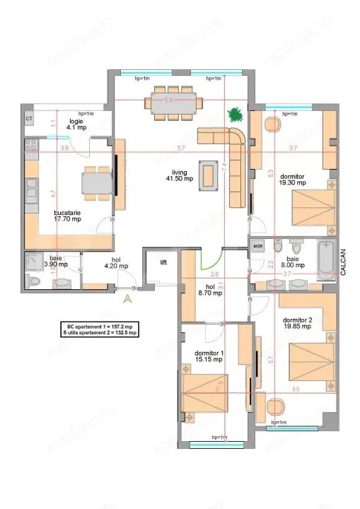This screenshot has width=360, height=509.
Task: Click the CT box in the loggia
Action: (29, 119)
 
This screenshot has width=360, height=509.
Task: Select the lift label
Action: (163, 262)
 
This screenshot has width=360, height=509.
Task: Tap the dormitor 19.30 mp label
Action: (292, 178)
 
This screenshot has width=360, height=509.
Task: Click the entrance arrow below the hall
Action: (127, 298)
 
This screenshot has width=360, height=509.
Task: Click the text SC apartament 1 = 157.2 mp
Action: (100, 326)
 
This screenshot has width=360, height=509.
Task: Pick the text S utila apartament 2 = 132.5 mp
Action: (100, 332)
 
